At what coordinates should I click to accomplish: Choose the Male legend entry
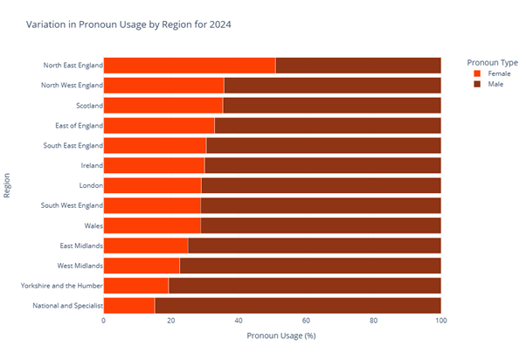[x=494, y=85]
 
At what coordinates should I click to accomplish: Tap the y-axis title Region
[x=8, y=184]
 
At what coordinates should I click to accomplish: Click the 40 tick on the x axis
[x=239, y=320]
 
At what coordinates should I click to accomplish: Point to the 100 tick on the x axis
[x=441, y=320]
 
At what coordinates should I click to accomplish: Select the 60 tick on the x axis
[x=306, y=320]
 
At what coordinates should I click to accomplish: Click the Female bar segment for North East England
[x=190, y=66]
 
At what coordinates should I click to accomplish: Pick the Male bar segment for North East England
[x=358, y=66]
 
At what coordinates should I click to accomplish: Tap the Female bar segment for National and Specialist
[x=129, y=305]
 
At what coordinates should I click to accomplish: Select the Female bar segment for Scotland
[x=163, y=105]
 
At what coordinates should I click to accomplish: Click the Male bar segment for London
[x=321, y=185]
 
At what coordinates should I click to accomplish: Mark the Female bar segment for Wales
[x=152, y=225]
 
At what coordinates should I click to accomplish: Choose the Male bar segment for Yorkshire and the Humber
[x=304, y=285]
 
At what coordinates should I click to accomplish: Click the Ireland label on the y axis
[x=91, y=165]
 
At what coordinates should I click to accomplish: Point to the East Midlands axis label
[x=80, y=246]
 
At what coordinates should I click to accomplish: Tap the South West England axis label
[x=72, y=205]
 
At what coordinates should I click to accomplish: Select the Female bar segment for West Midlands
[x=142, y=265]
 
